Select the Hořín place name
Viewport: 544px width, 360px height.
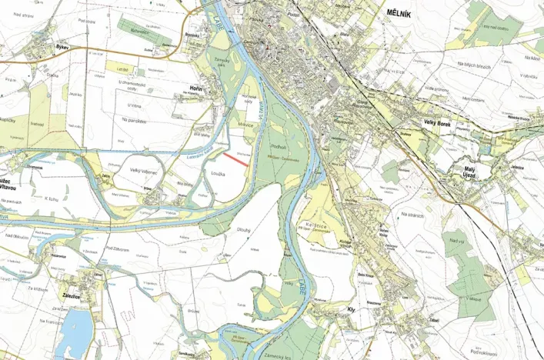pos(195,89)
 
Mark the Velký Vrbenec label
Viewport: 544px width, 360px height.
pos(144,170)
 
